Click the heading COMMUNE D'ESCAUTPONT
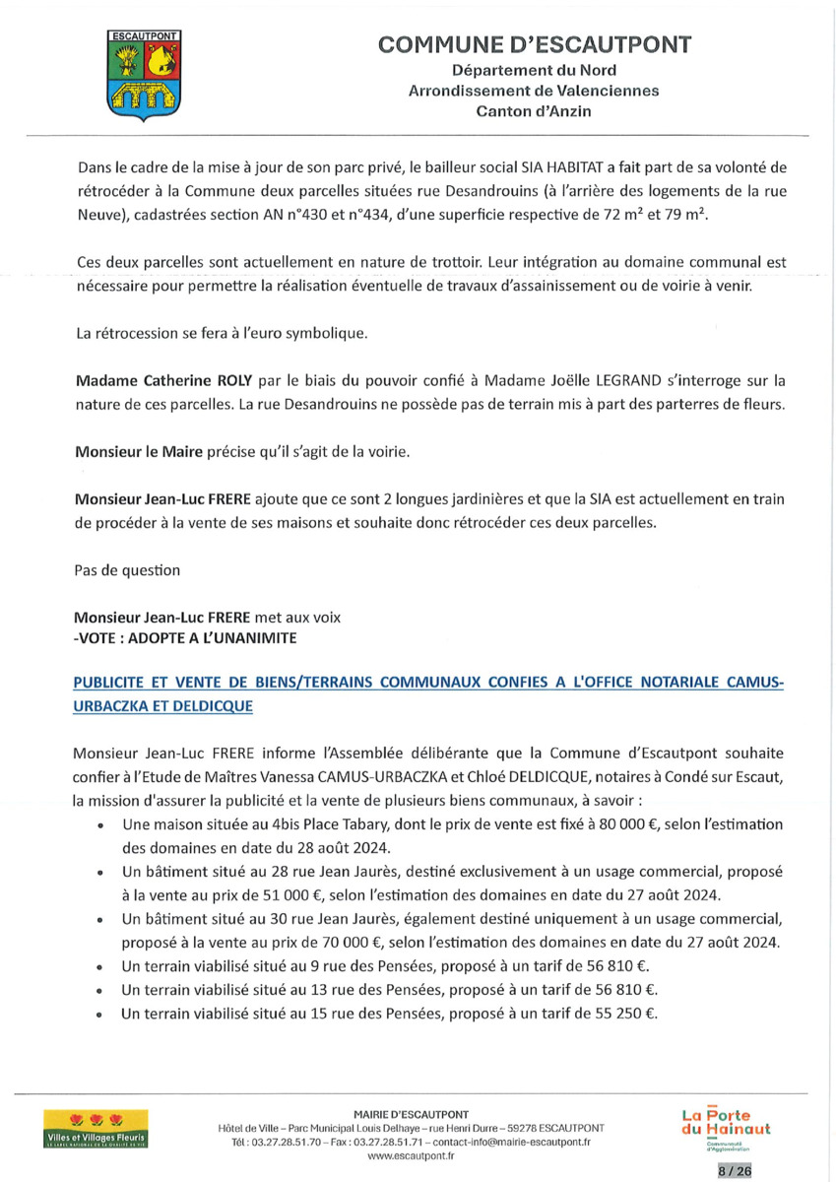point(534,44)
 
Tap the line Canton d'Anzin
point(534,111)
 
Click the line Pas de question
point(114,570)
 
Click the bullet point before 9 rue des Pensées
point(101,966)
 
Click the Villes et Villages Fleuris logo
point(95,1129)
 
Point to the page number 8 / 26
point(733,1170)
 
